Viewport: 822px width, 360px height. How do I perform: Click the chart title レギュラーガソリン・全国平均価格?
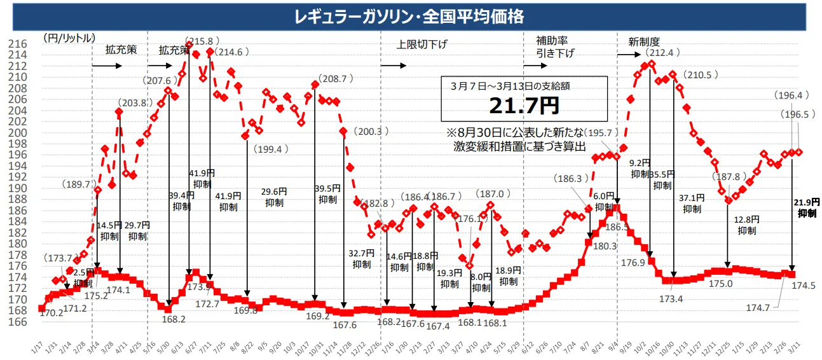pos(409,17)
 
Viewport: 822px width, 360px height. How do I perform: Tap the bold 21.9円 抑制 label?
pos(807,208)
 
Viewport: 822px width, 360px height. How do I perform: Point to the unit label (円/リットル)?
pos(69,38)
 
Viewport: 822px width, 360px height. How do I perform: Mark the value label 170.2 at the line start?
pos(50,313)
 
